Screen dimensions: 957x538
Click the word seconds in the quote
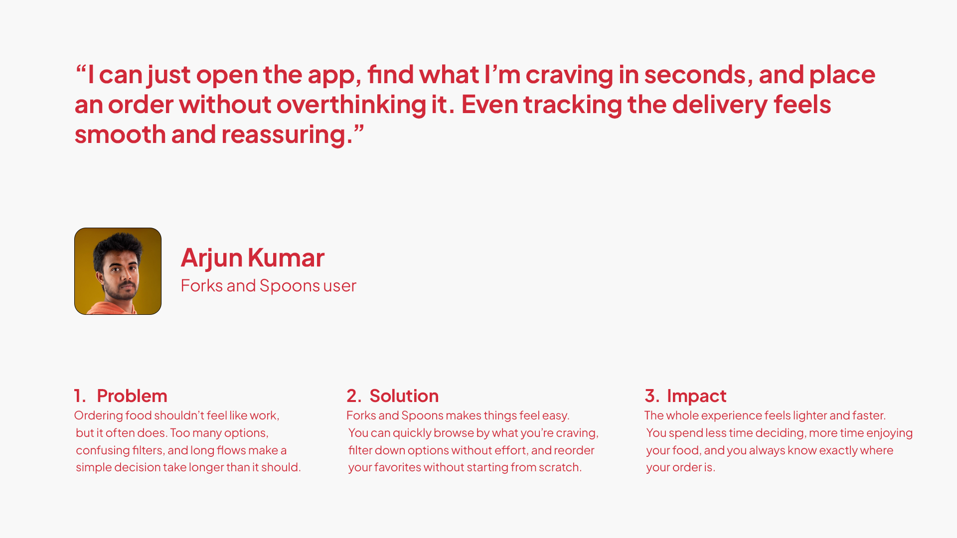point(698,75)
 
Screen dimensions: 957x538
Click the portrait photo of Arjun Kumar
point(118,271)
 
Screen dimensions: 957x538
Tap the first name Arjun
point(211,259)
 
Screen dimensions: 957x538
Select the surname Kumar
point(286,258)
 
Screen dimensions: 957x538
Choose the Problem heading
point(132,396)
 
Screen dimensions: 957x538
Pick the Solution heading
point(404,396)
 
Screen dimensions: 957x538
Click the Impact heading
point(697,397)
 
